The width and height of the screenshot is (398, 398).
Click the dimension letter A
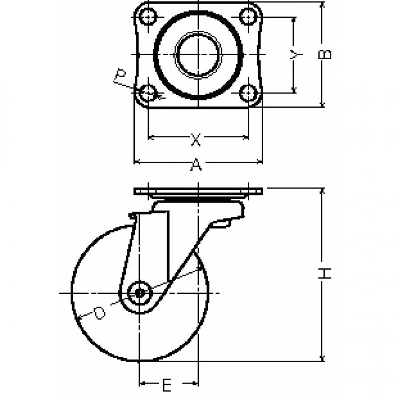196,165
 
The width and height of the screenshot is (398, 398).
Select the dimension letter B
325,54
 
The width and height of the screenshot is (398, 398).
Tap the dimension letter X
196,139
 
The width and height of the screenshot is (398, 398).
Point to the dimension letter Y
296,54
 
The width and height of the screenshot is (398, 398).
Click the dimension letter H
325,273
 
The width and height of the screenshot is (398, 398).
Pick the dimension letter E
167,385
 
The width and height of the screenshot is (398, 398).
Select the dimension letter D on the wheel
99,313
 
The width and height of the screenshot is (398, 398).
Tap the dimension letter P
120,76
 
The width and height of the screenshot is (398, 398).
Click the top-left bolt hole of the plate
148,17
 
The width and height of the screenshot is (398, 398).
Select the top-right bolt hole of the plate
248,17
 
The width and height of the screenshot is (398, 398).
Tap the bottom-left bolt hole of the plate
148,93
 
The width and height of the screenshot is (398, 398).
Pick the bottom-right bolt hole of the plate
248,93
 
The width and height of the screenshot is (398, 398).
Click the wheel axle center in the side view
139,294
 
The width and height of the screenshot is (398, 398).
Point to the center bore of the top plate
198,54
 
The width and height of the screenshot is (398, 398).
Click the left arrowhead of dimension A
136,161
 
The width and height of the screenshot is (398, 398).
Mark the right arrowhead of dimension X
246,137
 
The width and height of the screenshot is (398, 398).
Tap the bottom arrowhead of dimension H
322,358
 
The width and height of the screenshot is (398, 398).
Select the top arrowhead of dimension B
322,5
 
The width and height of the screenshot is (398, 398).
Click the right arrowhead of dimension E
195,383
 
